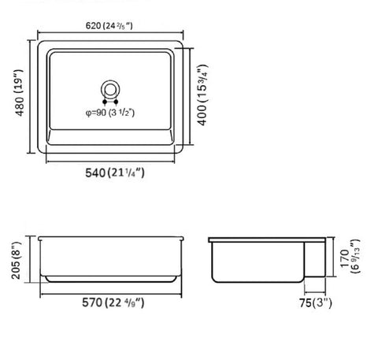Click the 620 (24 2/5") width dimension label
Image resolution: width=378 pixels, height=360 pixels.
tap(109, 26)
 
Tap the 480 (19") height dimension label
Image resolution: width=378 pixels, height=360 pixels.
tap(20, 92)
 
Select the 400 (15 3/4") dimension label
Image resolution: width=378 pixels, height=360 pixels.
tap(202, 95)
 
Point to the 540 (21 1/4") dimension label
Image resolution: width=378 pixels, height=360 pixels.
tap(115, 173)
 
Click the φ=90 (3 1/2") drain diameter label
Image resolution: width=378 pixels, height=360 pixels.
tap(110, 113)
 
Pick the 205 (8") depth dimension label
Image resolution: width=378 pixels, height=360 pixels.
tap(16, 261)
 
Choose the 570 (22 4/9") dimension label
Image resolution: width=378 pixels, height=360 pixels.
tap(113, 302)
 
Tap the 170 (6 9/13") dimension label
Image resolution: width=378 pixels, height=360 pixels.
tap(350, 256)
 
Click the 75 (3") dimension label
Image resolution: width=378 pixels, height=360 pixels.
tap(316, 302)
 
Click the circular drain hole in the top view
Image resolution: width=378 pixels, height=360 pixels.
tap(110, 81)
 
